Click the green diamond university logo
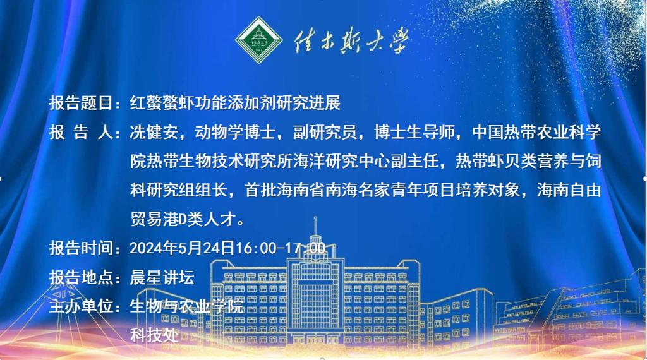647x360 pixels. [258, 40]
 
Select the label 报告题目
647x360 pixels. [81, 103]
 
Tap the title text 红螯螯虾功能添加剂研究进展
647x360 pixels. [235, 103]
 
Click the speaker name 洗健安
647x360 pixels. [154, 132]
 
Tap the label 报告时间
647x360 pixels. [81, 248]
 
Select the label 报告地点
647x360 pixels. [81, 277]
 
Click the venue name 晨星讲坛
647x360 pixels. [162, 277]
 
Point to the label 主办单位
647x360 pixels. [81, 306]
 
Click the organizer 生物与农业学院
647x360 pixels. [187, 306]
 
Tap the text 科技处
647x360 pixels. [154, 335]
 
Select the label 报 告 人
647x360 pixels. [81, 132]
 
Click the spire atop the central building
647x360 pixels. [316, 225]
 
